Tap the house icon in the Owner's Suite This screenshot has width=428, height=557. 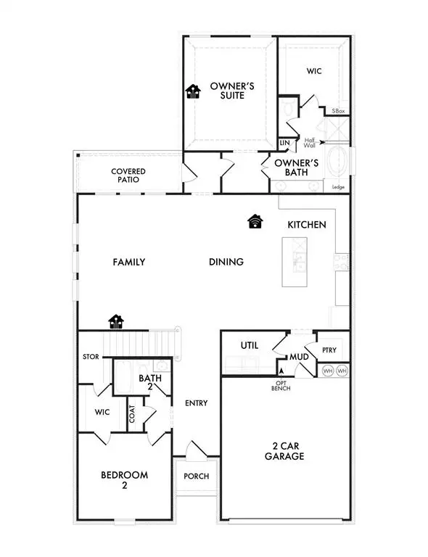193,91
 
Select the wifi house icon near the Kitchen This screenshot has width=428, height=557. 255,221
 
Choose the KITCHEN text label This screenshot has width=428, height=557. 306,225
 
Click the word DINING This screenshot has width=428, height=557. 226,262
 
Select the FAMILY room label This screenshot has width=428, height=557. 129,262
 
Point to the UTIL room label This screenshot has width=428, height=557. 250,346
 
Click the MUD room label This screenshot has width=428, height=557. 298,357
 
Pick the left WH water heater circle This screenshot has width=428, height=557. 327,371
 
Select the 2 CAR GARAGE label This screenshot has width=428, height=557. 284,451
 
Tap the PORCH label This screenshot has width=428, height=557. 196,476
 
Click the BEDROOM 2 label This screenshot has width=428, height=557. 124,480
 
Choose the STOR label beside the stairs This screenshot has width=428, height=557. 91,357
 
